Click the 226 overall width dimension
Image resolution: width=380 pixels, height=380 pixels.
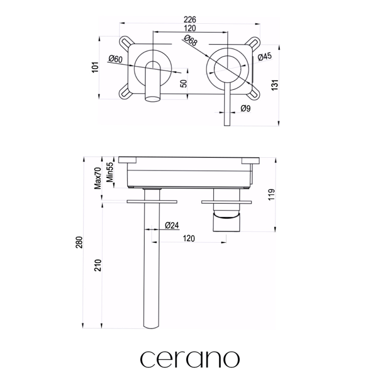point(190,19)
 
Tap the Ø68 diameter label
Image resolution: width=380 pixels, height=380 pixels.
point(191,40)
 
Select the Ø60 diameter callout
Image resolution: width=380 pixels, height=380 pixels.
point(115,59)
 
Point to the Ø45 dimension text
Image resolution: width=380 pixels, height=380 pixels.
point(265,57)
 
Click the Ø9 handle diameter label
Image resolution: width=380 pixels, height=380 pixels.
point(246,108)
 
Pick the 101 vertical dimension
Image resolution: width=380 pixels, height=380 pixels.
point(95,67)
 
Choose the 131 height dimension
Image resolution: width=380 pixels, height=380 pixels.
point(275,85)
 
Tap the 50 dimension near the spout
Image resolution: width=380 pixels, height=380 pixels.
point(184,84)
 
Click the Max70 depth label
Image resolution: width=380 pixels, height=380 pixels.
point(98,178)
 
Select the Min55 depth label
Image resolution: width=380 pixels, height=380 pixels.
point(110,172)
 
